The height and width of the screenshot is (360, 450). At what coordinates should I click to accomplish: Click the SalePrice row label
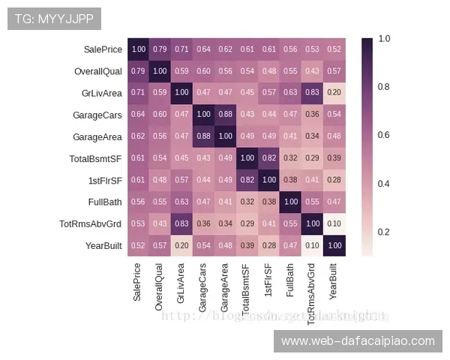tap(103, 49)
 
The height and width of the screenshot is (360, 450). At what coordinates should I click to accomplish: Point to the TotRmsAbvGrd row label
tap(91, 224)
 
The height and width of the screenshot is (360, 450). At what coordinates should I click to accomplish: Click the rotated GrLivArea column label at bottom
tap(181, 282)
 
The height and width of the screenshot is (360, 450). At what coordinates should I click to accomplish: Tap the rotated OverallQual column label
tap(159, 286)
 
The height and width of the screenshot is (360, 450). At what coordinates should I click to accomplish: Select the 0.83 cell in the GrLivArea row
tap(312, 93)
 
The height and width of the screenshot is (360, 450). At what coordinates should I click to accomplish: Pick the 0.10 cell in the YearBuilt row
tap(312, 246)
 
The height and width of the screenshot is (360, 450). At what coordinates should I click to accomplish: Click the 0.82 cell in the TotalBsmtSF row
tap(268, 158)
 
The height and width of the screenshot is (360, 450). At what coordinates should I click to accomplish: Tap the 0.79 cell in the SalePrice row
tap(160, 49)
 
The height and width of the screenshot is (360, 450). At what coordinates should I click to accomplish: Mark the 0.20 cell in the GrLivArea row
tap(334, 93)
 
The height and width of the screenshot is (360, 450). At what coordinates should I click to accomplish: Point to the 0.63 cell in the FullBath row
tap(182, 202)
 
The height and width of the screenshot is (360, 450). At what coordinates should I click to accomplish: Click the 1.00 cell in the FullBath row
tap(290, 202)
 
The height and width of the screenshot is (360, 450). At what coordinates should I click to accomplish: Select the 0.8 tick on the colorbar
tap(383, 87)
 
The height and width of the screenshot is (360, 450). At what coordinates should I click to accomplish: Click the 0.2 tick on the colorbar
tap(383, 232)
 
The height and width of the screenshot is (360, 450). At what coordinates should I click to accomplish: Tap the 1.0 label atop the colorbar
tap(384, 38)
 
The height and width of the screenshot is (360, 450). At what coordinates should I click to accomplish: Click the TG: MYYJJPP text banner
tap(53, 18)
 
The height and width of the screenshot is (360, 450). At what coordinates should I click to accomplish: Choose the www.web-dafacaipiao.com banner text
tap(357, 341)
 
